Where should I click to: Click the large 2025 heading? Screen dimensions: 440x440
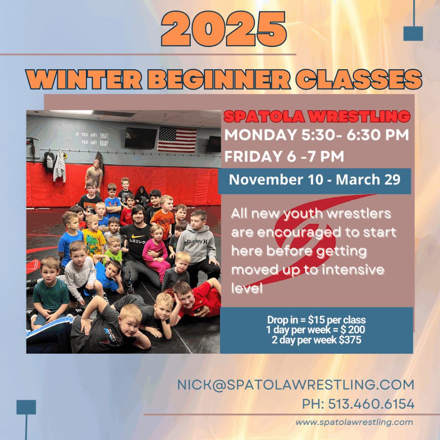(x=224, y=29)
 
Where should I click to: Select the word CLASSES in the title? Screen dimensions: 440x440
(x=359, y=79)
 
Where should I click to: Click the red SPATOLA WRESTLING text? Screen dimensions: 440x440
(x=317, y=116)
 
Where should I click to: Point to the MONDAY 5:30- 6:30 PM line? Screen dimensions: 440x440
(x=317, y=134)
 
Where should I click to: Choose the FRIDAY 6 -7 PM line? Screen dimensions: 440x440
(x=284, y=156)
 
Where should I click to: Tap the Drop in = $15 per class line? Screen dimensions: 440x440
(x=316, y=320)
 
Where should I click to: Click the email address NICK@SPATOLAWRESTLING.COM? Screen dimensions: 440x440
(x=296, y=385)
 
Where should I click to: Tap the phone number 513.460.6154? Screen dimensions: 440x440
(x=371, y=404)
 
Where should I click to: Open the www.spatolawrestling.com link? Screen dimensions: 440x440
(x=354, y=422)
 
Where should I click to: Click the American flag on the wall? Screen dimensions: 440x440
(x=177, y=140)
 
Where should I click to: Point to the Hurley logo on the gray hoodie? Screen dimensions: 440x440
(x=197, y=241)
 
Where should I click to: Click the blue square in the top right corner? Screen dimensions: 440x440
(x=413, y=34)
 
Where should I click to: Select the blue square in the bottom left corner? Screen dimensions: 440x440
(x=26, y=407)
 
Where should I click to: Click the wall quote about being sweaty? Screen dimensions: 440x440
(x=92, y=139)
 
